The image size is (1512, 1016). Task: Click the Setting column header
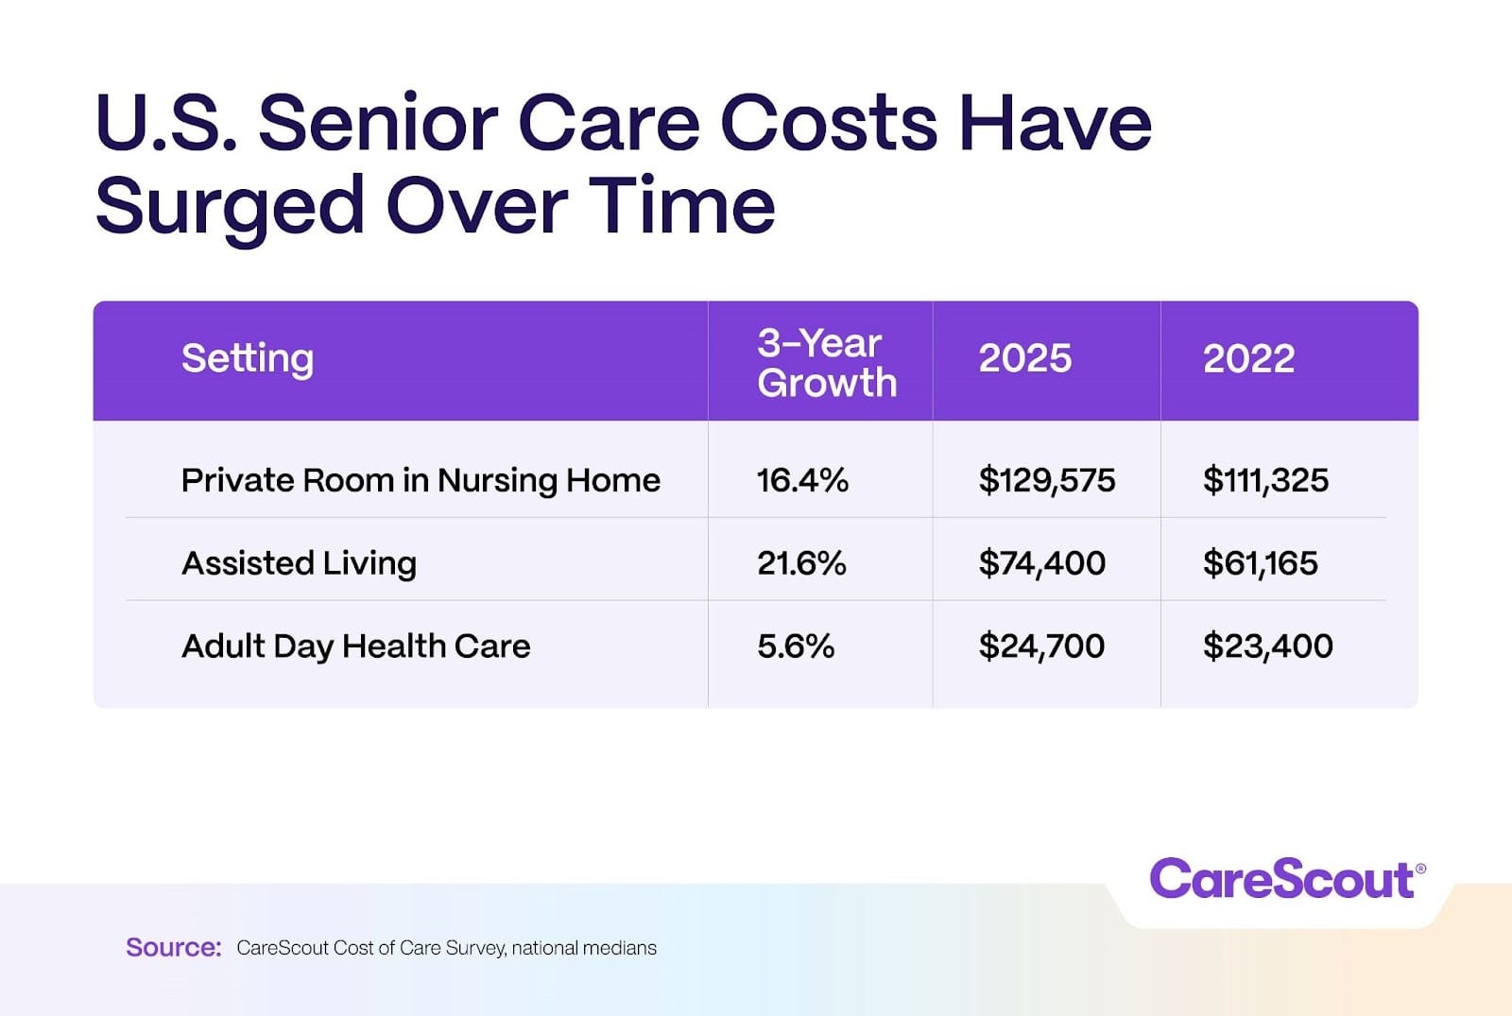pyautogui.click(x=248, y=359)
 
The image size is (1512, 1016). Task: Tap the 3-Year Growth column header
pyautogui.click(x=826, y=363)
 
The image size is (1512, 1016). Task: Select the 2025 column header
pyautogui.click(x=1025, y=359)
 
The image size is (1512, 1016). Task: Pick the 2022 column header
pyautogui.click(x=1248, y=359)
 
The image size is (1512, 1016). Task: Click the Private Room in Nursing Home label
pyautogui.click(x=421, y=481)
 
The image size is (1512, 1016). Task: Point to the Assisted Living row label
pyautogui.click(x=299, y=563)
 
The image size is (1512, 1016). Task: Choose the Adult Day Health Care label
pyautogui.click(x=355, y=646)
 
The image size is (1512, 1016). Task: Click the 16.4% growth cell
pyautogui.click(x=802, y=481)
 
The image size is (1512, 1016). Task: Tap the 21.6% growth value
pyautogui.click(x=801, y=563)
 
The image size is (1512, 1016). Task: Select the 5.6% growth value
pyautogui.click(x=796, y=646)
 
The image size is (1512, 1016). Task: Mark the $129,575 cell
pyautogui.click(x=1047, y=481)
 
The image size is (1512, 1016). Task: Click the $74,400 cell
pyautogui.click(x=1042, y=563)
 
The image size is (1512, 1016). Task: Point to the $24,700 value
pyautogui.click(x=1041, y=646)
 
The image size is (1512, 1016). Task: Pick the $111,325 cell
pyautogui.click(x=1265, y=481)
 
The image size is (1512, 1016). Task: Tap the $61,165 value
pyautogui.click(x=1260, y=563)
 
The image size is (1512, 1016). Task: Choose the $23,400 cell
pyautogui.click(x=1267, y=646)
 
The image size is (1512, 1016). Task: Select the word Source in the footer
pyautogui.click(x=173, y=947)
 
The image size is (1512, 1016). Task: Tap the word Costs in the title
pyautogui.click(x=829, y=123)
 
